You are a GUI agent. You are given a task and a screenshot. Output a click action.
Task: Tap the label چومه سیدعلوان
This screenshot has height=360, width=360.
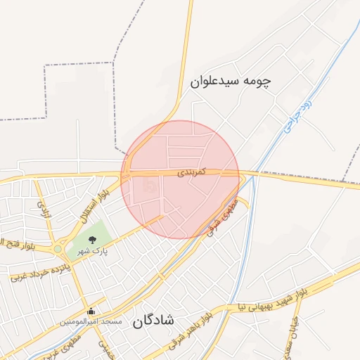231,81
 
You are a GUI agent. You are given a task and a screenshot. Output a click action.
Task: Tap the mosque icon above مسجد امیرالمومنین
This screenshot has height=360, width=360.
91,311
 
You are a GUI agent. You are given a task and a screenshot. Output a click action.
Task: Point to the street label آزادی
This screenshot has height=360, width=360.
44,208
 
